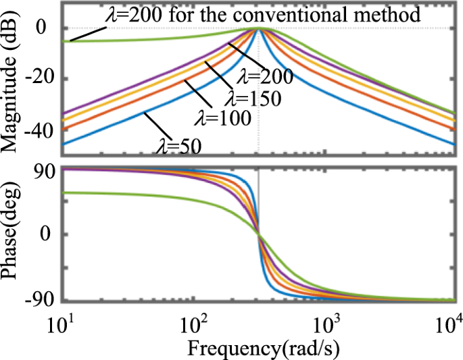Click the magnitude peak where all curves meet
click(x=258, y=28)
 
